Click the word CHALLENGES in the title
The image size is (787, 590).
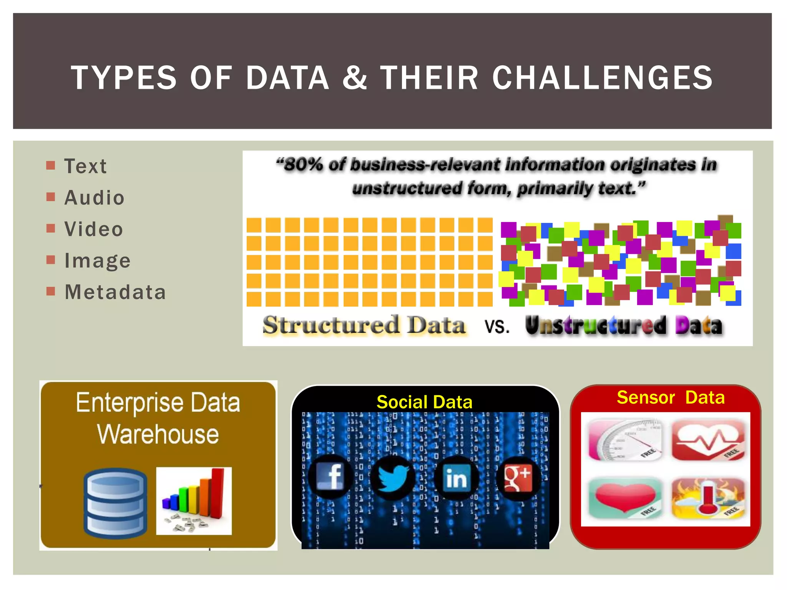602,78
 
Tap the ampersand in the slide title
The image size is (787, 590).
354,78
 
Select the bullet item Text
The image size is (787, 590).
85,166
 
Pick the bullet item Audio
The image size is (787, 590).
94,198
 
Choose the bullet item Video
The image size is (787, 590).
93,229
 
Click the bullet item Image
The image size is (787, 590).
98,261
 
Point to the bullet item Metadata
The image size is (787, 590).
115,292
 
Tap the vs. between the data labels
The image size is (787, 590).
496,326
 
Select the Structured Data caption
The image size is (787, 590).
364,325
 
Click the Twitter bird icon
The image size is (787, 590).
393,478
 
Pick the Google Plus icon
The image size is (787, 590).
518,478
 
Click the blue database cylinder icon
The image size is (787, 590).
115,502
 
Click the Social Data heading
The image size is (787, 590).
424,402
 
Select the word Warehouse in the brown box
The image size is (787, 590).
158,434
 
